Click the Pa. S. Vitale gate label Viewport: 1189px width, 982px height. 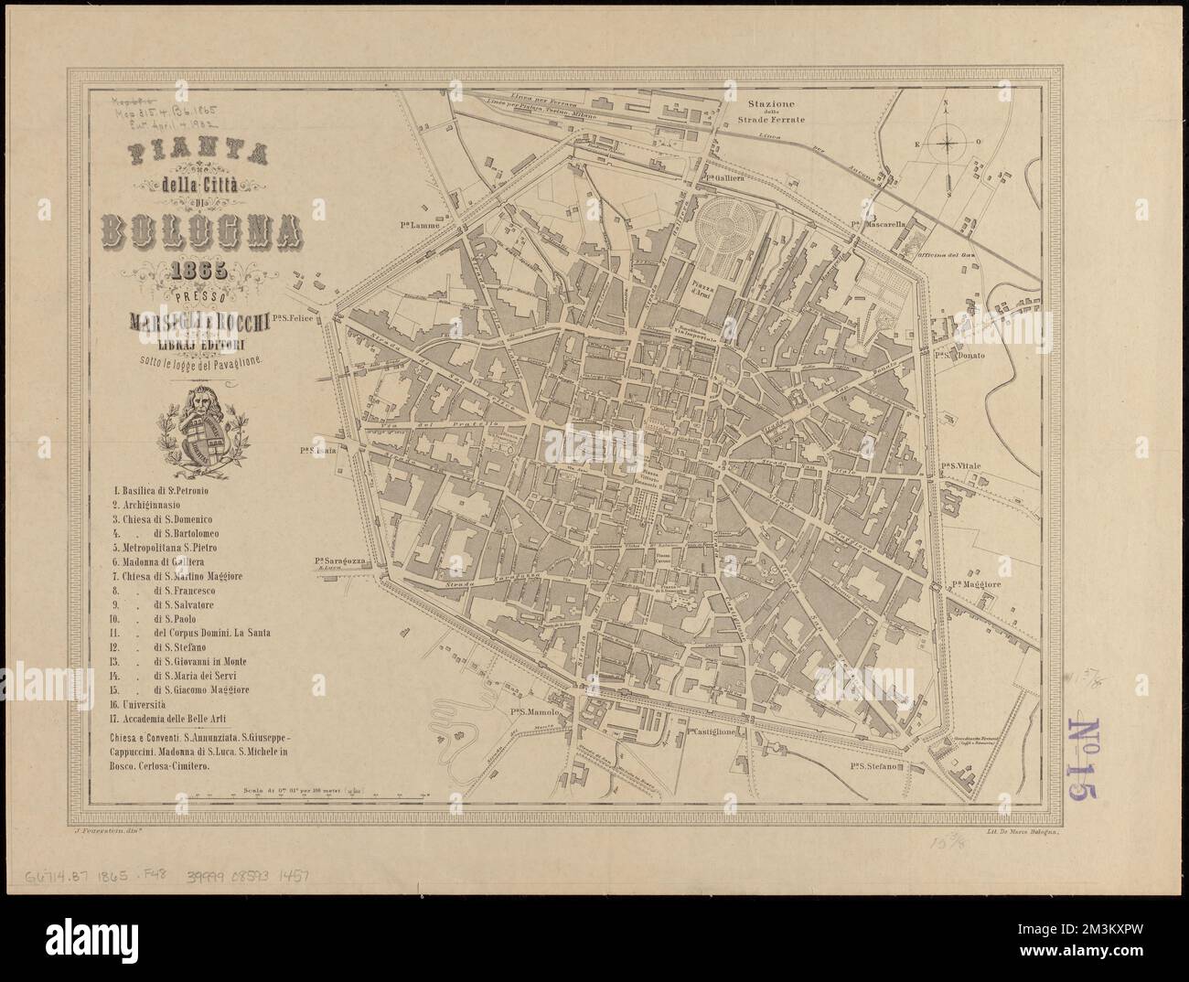pyautogui.click(x=960, y=466)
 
